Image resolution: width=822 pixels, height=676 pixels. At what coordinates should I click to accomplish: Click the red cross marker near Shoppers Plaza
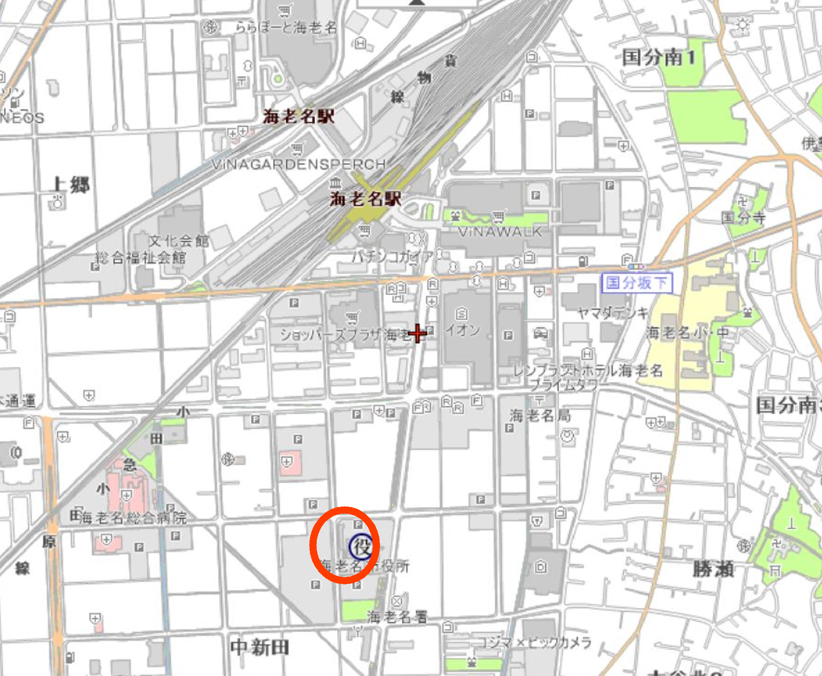tap(418, 334)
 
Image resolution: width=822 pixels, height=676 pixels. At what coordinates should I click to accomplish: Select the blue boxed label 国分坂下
tap(636, 283)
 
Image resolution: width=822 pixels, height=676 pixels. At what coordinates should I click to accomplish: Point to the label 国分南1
tap(658, 58)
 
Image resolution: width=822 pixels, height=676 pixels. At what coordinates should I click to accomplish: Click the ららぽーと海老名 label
tap(286, 28)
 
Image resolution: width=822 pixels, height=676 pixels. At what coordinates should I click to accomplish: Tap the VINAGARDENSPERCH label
tap(299, 165)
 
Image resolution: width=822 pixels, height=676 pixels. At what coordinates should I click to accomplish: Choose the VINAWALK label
tap(499, 232)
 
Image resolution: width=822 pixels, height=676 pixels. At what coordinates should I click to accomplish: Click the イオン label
tap(463, 330)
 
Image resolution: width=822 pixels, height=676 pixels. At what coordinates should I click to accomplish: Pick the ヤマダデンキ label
tap(612, 312)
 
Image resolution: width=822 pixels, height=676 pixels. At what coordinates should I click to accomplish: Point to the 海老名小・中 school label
tap(687, 333)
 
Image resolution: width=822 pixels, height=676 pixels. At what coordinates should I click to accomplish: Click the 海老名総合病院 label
tap(133, 518)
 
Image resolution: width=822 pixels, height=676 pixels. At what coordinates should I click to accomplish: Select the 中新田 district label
tap(260, 648)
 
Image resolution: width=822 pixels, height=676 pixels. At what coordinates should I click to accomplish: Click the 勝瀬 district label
tap(713, 569)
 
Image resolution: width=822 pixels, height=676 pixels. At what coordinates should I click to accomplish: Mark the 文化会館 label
tap(179, 241)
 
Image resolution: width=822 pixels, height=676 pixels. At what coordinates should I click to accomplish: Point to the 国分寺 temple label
tap(743, 218)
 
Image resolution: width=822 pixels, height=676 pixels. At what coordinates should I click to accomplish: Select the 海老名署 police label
tap(397, 617)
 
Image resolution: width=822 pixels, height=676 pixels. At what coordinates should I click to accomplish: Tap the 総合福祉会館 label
tap(141, 258)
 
